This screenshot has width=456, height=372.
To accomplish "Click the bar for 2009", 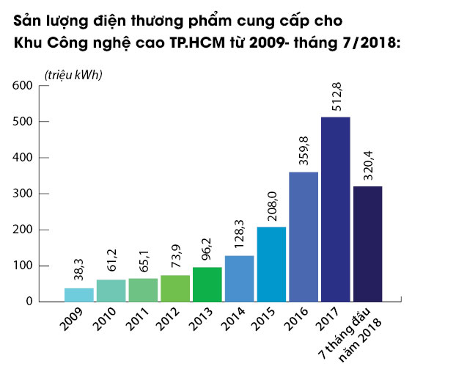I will tap(78, 294).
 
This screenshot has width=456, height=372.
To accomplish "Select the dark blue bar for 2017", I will tap(336, 209).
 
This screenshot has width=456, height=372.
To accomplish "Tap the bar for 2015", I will tap(271, 264).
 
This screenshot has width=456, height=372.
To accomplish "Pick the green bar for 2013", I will tap(207, 284).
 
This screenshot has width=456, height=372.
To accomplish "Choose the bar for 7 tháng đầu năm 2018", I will tap(367, 244).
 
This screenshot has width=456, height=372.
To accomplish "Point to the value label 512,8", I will tap(337, 95).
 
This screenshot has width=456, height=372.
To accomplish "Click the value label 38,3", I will tap(79, 269).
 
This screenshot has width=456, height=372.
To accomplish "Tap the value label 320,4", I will tap(368, 164).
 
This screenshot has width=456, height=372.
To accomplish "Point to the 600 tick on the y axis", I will tap(23, 86).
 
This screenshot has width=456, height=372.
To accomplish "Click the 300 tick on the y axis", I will tap(23, 194).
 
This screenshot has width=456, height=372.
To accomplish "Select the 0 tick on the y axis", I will tap(30, 302).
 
